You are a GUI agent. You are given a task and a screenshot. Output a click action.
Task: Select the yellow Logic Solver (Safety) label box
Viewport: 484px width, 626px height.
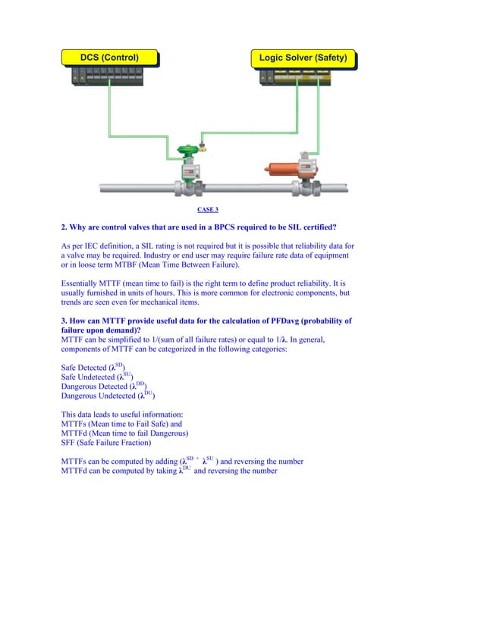pos(303,58)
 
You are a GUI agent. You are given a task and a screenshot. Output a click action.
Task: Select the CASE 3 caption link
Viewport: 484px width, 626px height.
pos(207,209)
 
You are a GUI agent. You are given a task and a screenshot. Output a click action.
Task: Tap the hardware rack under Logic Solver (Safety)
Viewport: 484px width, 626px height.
pos(303,77)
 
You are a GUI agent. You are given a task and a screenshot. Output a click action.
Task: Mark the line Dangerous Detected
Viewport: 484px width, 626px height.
pos(103,387)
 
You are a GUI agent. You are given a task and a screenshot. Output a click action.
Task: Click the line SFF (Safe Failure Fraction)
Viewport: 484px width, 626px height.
pos(105,443)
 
